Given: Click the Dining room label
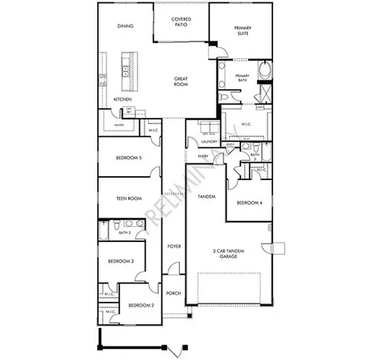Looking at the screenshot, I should (125, 25).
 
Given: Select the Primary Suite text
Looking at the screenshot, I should (243, 31).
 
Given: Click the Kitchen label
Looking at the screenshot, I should (122, 99).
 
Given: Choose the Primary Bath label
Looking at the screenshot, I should (243, 78).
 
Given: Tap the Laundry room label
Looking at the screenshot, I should (198, 143).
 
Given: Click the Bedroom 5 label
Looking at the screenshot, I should (129, 158).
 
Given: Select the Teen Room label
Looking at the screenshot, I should (129, 198).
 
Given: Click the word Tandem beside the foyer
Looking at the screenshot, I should (206, 196).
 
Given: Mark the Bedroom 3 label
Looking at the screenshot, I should (121, 260).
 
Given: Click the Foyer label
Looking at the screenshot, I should (174, 246).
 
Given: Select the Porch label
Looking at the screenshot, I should (174, 293).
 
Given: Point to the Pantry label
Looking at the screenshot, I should (118, 126).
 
